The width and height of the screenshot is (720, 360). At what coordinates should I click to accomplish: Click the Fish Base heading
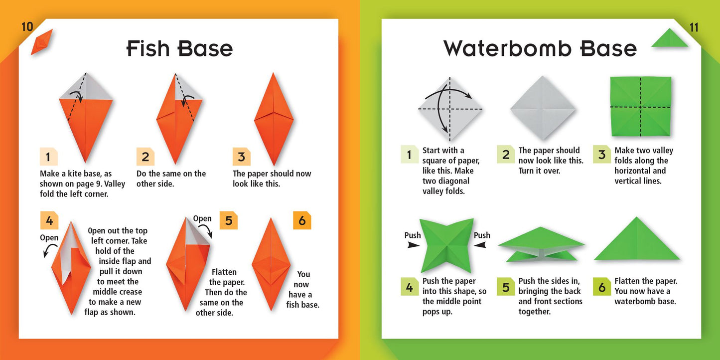coord(179,48)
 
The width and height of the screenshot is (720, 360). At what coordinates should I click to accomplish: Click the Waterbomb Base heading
coord(540,48)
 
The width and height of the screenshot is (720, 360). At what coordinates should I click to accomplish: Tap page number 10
coord(27,27)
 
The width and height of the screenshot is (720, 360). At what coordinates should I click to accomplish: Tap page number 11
coord(694,27)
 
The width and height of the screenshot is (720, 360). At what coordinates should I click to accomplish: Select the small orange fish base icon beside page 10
coord(41,42)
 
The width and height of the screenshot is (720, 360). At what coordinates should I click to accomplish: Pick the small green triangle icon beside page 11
coord(670,38)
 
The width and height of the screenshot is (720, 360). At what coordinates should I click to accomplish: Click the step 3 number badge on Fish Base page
coord(241,157)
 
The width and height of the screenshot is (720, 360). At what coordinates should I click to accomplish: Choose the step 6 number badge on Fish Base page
coord(302,220)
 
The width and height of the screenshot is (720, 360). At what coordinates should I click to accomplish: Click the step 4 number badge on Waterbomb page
coord(410,287)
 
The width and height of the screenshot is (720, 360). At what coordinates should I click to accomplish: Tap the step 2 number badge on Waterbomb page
coord(506,154)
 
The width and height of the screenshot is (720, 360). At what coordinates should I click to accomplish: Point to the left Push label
coord(413,235)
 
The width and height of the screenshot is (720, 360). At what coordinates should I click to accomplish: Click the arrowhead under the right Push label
coord(479,245)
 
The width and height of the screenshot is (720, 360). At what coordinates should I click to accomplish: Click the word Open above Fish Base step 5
coord(202,219)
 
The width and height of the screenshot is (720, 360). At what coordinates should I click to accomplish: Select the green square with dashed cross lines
coord(641,107)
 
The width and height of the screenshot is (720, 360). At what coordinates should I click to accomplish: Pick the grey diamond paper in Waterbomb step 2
coord(543,108)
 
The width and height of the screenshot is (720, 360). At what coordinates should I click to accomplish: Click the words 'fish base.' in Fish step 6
coord(302,305)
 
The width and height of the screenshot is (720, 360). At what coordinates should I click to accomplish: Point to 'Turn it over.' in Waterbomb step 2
coord(539,171)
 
